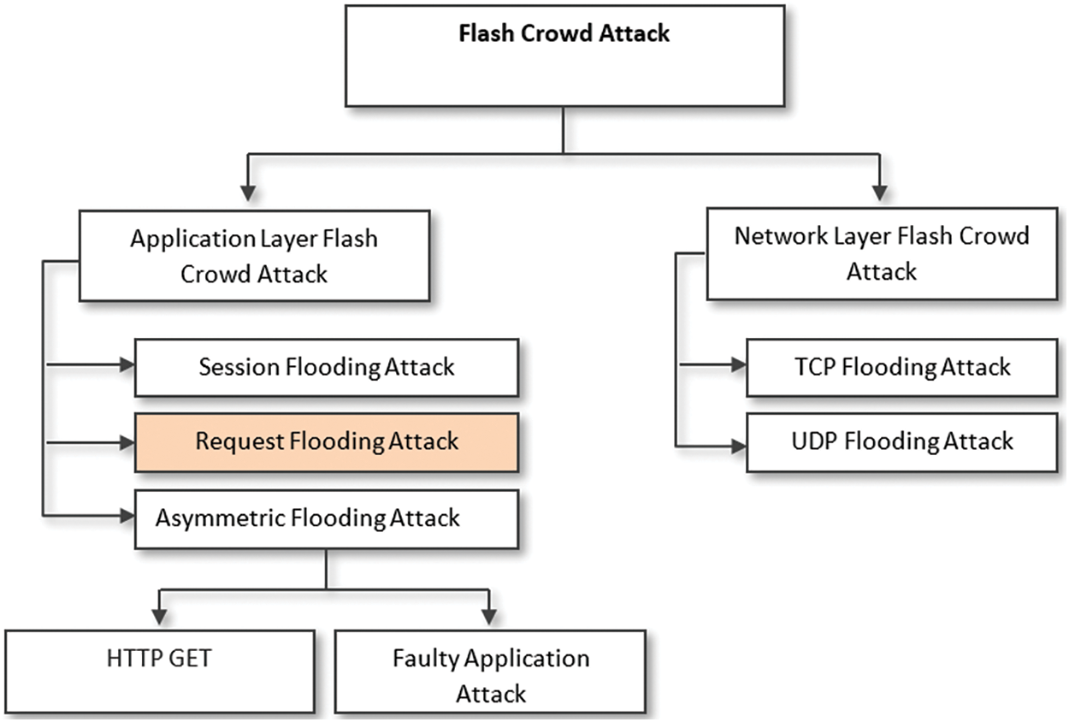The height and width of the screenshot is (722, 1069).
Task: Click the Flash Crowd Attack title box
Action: [564, 56]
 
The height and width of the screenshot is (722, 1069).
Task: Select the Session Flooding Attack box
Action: [327, 368]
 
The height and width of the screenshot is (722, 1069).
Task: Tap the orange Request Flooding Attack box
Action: [327, 442]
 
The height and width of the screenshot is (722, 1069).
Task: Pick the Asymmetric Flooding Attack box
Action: [327, 518]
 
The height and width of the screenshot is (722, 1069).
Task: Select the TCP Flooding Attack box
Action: [901, 368]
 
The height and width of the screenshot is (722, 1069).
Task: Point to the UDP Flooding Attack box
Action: [901, 442]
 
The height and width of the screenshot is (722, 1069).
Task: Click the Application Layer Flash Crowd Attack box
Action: [254, 256]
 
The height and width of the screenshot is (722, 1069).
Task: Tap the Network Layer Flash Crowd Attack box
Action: [882, 254]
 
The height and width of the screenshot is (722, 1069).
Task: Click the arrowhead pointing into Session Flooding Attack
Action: [127, 365]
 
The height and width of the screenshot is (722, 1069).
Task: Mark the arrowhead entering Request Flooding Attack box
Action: [127, 442]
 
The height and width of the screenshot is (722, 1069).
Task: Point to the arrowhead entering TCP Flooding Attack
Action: [739, 365]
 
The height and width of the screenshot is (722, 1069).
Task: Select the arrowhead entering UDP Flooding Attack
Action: [739, 445]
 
